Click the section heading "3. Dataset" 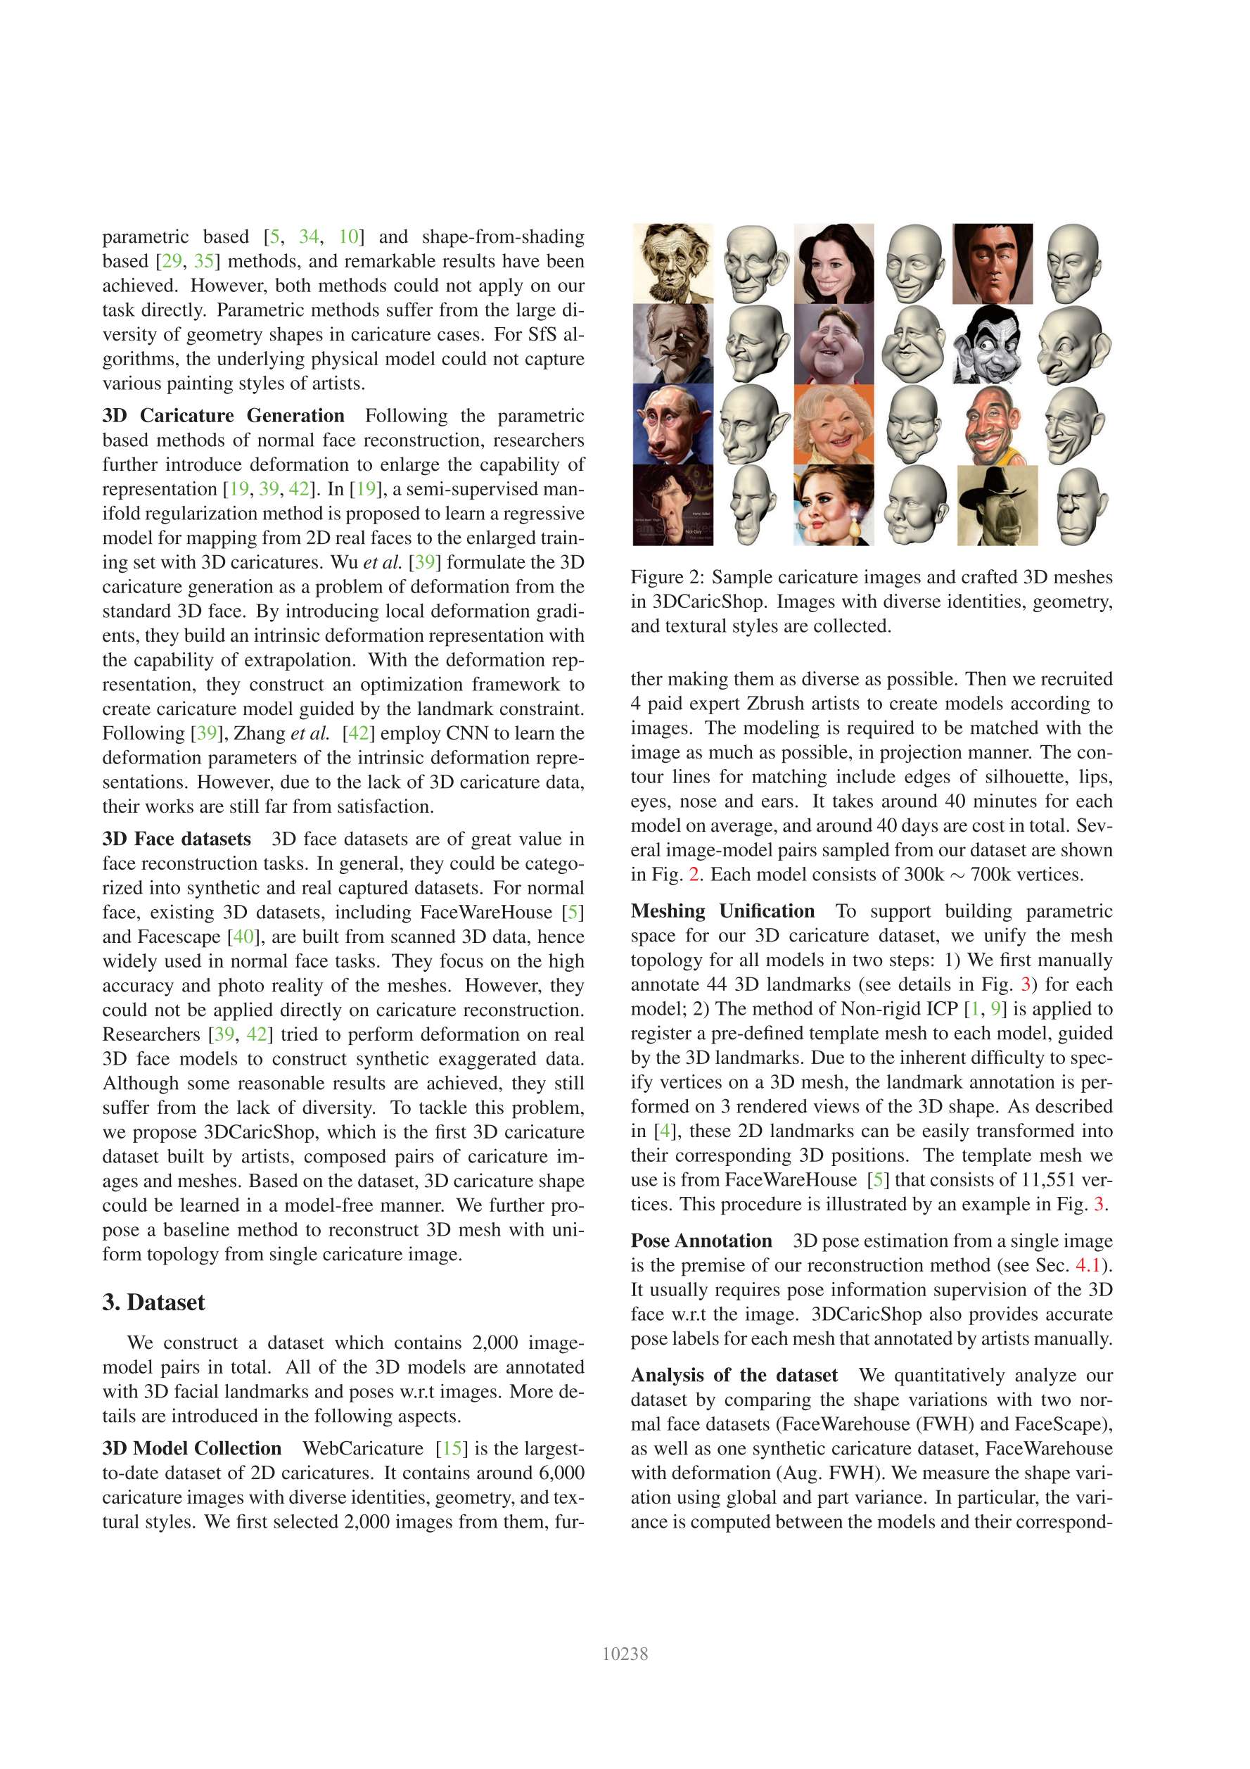click(x=153, y=1302)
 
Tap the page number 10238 click(x=625, y=1654)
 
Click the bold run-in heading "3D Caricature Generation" click(x=224, y=416)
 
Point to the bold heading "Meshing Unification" click(x=722, y=911)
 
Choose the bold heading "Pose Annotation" click(x=701, y=1241)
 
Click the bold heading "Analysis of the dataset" click(x=734, y=1375)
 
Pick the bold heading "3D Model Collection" click(x=192, y=1449)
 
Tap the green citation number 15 click(x=452, y=1449)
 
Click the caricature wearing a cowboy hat click(x=997, y=505)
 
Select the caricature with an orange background click(x=834, y=424)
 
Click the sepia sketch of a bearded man click(x=672, y=262)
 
